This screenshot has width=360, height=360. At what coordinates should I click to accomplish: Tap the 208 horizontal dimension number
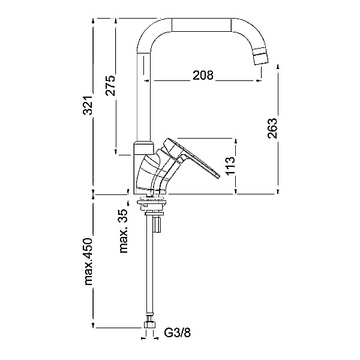click(x=204, y=76)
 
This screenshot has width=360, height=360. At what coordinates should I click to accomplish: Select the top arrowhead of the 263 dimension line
click(x=278, y=68)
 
